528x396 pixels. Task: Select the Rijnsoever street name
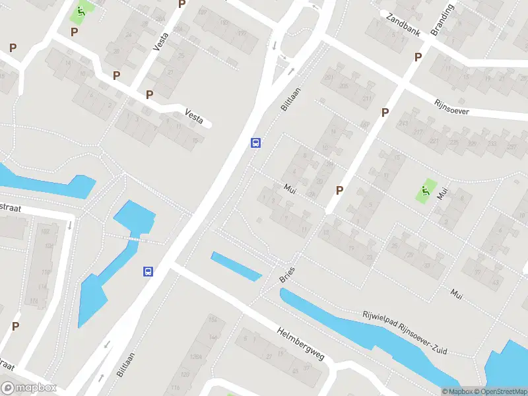[x=451, y=108]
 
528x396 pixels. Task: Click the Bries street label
[x=287, y=275]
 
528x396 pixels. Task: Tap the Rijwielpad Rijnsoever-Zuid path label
[x=405, y=333]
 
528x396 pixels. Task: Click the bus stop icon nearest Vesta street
[x=255, y=143]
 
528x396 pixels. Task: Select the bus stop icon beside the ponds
[x=148, y=271]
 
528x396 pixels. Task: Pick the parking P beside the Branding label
[x=418, y=57]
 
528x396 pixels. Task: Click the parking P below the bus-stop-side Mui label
[x=339, y=190]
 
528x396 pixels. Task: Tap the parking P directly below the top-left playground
[x=75, y=31]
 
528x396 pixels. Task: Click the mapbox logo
[x=29, y=387]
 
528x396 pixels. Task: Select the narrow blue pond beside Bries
[x=236, y=266]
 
